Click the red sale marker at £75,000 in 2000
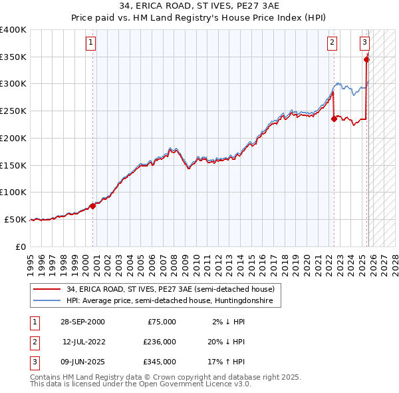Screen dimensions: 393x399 coord(93,206)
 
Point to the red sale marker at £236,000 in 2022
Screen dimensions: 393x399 coord(334,119)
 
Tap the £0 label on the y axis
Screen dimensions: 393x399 coord(20,246)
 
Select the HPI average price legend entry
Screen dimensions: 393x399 coord(174,301)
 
